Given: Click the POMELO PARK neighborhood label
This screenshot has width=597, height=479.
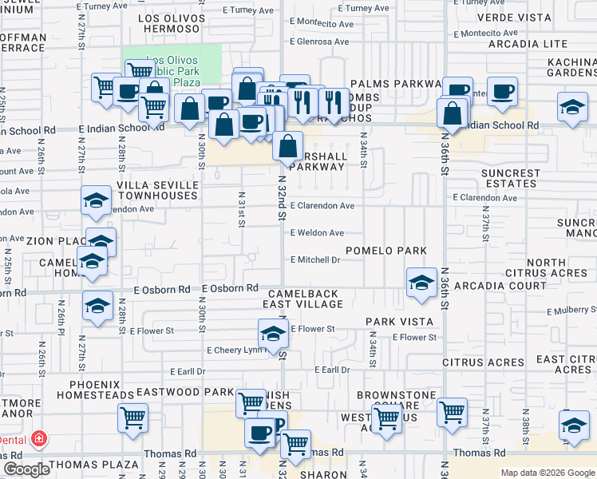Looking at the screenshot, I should [386, 251].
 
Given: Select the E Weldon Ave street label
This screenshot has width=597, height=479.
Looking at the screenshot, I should [317, 233].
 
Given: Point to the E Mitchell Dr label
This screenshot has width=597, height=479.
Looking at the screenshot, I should [315, 259].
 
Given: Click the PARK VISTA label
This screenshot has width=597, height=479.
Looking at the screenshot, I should [399, 322].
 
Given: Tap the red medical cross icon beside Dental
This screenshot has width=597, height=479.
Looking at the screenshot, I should [37, 439].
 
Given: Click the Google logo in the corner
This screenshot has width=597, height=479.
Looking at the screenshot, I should [27, 469].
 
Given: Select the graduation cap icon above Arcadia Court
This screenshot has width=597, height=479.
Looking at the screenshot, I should [421, 282].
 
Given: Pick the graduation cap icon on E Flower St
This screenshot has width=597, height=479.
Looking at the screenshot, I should [272, 334].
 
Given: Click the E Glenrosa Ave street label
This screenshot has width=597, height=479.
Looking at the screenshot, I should [319, 42].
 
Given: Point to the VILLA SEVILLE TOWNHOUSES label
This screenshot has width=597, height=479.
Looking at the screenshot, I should [156, 190].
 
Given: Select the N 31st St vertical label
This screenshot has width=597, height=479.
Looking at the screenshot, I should [240, 208].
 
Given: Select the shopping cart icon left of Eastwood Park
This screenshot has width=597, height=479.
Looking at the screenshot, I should [132, 418].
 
